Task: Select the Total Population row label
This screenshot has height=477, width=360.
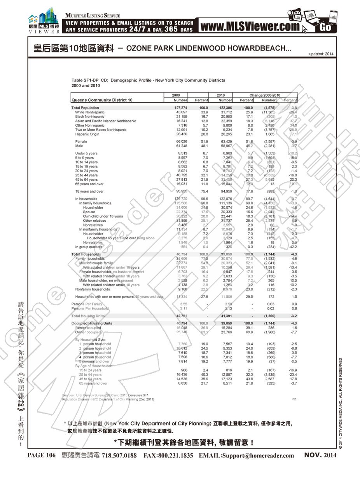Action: (x=85, y=108)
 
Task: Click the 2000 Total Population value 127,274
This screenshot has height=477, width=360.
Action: (x=181, y=108)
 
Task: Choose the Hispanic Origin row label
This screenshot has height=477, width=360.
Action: (x=87, y=134)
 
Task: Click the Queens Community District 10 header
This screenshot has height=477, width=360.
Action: (x=102, y=100)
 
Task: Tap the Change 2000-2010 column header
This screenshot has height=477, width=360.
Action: (x=265, y=95)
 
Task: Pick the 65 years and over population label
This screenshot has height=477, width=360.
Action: (x=89, y=184)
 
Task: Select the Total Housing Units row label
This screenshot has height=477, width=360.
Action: (x=88, y=316)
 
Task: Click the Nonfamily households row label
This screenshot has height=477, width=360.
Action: (x=93, y=289)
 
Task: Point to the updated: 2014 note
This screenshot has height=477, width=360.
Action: (x=321, y=54)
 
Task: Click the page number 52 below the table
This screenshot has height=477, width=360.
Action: (x=294, y=399)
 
